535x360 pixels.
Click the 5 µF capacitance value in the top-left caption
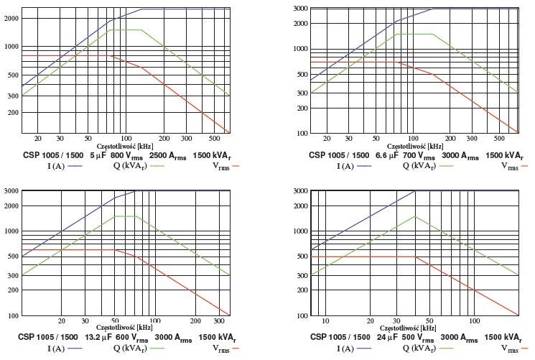click(98, 155)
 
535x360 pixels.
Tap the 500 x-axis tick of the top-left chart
click(215, 138)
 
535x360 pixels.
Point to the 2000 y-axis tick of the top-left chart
click(11, 18)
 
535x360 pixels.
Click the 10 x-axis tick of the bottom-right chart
click(325, 320)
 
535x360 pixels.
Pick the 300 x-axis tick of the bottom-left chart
click(217, 320)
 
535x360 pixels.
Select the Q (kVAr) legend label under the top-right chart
click(419, 166)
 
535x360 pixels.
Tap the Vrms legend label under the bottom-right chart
click(509, 349)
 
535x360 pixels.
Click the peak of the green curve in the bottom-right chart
click(415, 216)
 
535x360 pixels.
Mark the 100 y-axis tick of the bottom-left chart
click(12, 315)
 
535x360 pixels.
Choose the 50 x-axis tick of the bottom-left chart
click(114, 320)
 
